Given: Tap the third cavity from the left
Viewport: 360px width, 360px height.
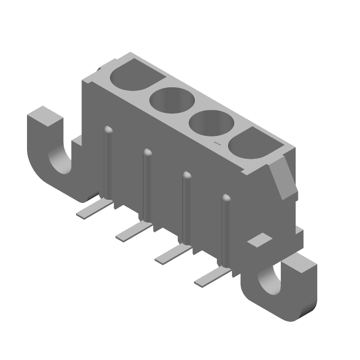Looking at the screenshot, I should (x=210, y=123).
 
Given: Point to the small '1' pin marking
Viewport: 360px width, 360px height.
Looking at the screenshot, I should (x=216, y=143).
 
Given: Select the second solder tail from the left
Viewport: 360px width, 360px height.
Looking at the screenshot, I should (x=132, y=232).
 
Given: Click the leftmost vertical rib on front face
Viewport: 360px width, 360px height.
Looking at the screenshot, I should (x=108, y=162).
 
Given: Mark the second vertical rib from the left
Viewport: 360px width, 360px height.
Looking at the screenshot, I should (x=147, y=184).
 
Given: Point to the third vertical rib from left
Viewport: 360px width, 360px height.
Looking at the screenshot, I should (x=186, y=207).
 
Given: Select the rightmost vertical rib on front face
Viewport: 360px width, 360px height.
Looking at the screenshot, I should (x=225, y=229).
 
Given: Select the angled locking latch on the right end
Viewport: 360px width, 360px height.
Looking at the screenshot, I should (x=284, y=180).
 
